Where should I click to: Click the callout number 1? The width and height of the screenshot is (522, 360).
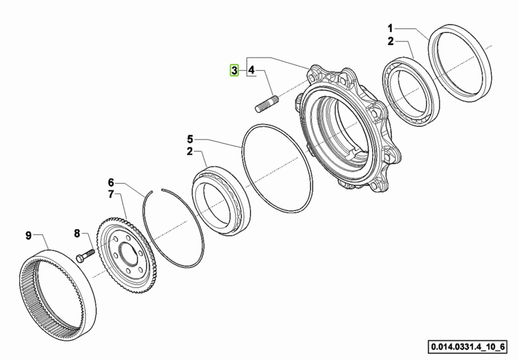tap(390, 28)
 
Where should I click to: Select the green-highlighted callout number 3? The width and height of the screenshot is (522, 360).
tap(234, 70)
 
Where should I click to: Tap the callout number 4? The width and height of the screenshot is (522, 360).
tap(251, 70)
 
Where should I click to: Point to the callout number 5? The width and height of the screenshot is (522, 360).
tap(190, 139)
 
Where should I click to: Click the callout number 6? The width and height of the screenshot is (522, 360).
tap(111, 183)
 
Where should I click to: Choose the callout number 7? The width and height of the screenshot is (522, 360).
tap(111, 194)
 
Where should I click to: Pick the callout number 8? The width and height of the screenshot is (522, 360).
tap(77, 233)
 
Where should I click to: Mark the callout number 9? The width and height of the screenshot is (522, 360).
tap(29, 235)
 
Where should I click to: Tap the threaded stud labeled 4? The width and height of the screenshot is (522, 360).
tap(266, 103)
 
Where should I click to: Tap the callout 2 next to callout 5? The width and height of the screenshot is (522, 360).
tap(190, 152)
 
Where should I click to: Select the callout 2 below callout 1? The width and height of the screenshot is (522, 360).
tap(390, 41)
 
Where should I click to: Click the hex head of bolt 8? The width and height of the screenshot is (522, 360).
tap(80, 258)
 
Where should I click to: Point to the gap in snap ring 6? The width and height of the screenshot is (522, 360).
tap(157, 190)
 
